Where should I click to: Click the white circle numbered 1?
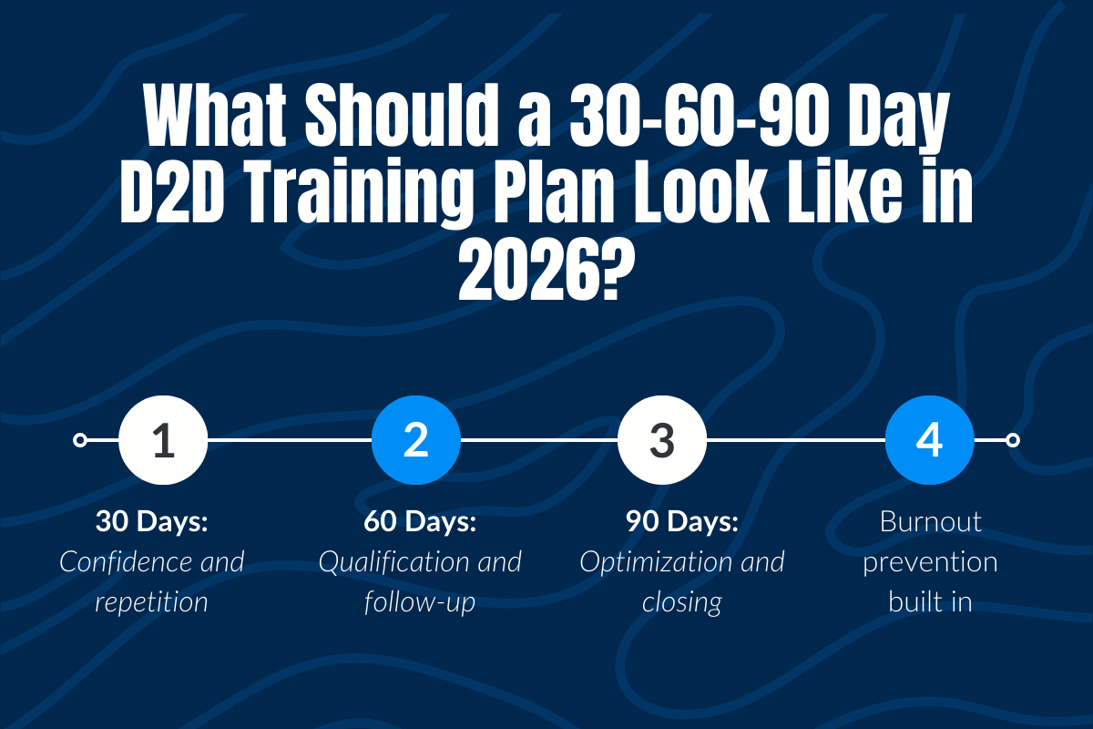[x=164, y=440]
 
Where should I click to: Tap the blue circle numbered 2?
[x=415, y=440]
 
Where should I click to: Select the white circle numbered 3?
[x=661, y=440]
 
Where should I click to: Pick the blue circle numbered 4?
[x=929, y=440]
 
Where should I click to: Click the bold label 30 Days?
[x=152, y=522]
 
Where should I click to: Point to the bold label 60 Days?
[x=420, y=522]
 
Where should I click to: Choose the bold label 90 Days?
[x=681, y=522]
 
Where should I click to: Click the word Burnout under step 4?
[x=930, y=522]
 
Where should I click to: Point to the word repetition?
[x=152, y=601]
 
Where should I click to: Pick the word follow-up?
[x=420, y=601]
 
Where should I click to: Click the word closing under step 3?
[x=681, y=601]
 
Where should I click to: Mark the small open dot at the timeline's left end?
[x=80, y=440]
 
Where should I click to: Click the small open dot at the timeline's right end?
[x=1012, y=440]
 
